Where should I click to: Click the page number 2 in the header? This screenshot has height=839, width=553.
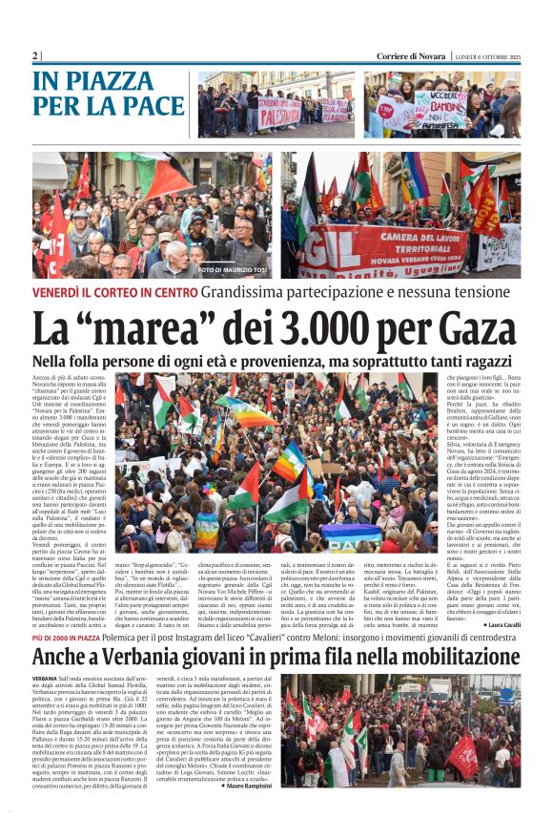35,56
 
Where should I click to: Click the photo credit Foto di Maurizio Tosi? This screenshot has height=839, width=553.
235,271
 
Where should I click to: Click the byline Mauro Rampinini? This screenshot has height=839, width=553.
251,786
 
